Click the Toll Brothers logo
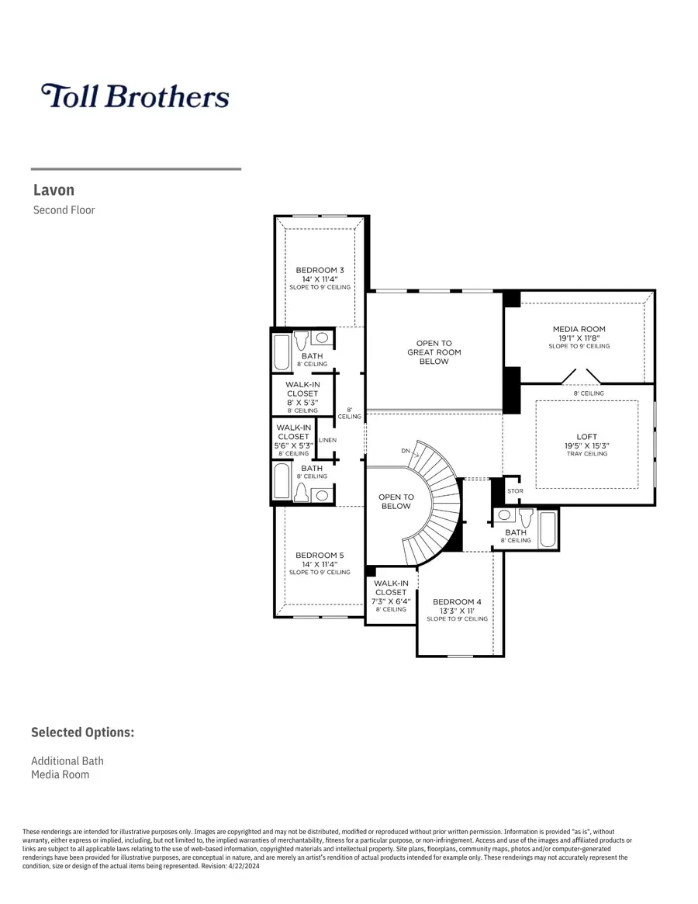coord(135,96)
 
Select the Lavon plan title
coord(54,190)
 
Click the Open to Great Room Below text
coord(434,352)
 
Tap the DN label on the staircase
coord(406,451)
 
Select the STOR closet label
coord(515,491)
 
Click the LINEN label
coord(327,440)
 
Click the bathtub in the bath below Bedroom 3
coord(282,352)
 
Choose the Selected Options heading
coord(82,733)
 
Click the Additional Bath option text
coord(67,760)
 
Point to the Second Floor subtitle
coord(64,210)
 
